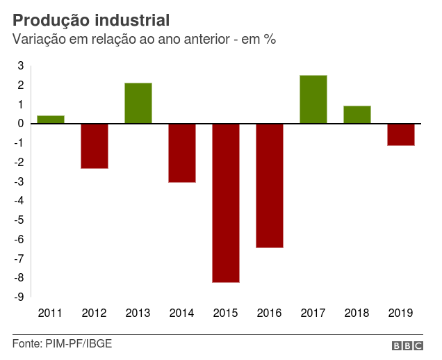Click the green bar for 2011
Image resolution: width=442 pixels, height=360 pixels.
51,120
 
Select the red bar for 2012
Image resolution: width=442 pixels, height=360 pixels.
95,146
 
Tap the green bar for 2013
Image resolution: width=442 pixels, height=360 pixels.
138,103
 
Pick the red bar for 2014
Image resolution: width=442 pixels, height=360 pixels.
182,153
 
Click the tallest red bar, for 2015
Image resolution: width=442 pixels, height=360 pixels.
226,203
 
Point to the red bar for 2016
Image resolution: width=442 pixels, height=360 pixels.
270,186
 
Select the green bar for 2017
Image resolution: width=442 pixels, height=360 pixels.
313,99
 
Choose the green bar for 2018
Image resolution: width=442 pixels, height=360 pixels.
357,115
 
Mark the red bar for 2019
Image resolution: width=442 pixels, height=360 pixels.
401,135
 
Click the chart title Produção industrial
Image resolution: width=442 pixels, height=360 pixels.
90,19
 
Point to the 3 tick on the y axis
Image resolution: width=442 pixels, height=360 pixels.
21,66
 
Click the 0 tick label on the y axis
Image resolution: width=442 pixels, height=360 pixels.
21,124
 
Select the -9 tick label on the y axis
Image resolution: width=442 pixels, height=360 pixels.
19,297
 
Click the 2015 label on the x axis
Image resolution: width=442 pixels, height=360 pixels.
226,313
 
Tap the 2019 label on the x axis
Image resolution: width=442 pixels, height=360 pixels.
401,313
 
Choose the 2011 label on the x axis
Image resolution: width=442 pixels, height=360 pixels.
51,313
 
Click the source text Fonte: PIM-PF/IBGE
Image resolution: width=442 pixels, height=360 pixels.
62,344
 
